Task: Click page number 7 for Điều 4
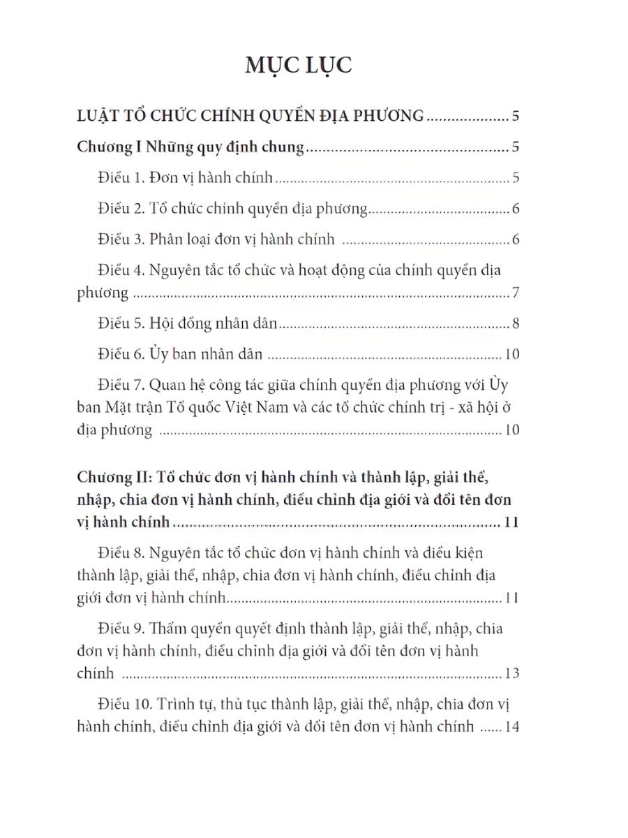pos(515,292)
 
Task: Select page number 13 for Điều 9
pos(511,674)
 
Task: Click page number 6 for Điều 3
pos(515,240)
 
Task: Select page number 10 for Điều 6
pos(511,354)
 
